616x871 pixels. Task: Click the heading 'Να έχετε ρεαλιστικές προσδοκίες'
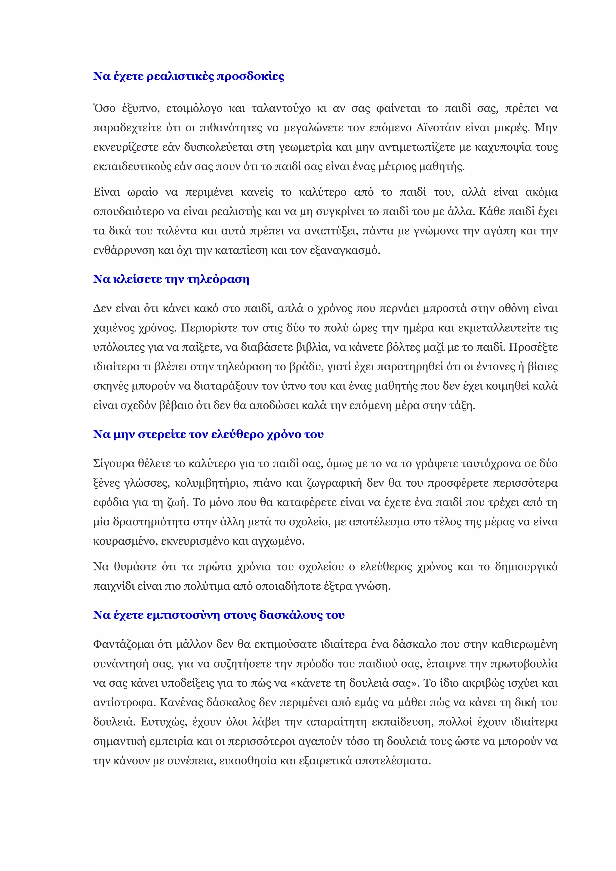(189, 76)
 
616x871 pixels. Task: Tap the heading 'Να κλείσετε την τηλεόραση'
(171, 279)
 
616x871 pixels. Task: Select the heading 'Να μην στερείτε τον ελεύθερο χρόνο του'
(208, 434)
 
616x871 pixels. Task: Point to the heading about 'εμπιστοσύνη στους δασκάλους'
(219, 615)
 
